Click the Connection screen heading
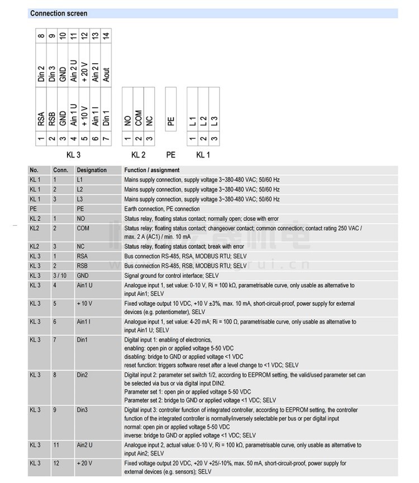point(59,13)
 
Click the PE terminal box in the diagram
point(171,119)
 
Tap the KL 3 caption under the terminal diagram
point(73,154)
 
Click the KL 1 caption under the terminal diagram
point(203,154)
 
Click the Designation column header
point(92,170)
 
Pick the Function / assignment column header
point(152,170)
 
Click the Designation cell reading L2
point(81,190)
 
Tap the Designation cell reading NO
point(82,219)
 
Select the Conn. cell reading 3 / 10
point(59,276)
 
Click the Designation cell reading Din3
point(83,410)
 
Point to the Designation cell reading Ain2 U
point(85,445)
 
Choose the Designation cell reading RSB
point(83,266)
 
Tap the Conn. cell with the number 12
point(56,463)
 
